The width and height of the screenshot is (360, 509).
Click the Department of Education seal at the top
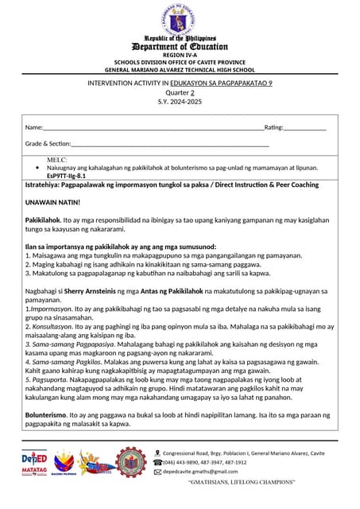click(179, 19)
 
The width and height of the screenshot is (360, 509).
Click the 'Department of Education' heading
click(179, 47)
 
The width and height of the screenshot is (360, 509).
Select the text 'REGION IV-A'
click(179, 55)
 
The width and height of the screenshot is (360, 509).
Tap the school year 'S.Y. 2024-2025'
click(179, 103)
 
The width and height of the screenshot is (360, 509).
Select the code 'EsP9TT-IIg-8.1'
click(67, 175)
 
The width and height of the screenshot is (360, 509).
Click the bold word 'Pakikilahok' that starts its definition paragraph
click(44, 220)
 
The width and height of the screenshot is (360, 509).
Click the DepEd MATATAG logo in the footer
click(34, 462)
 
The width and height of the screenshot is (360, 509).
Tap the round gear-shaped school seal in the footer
click(130, 462)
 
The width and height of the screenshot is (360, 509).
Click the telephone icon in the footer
click(157, 462)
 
